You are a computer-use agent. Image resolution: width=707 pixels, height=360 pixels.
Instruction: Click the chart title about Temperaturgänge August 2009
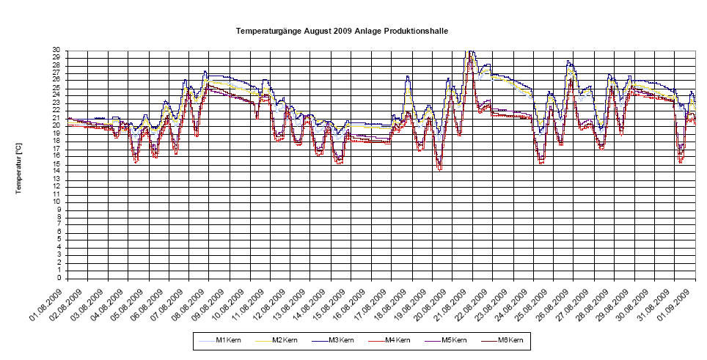[x=342, y=32]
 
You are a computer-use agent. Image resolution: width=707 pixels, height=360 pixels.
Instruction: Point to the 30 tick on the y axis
[x=56, y=51]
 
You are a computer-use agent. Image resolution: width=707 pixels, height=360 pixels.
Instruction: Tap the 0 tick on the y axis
[x=58, y=278]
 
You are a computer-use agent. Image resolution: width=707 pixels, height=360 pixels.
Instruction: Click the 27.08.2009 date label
[x=577, y=302]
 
